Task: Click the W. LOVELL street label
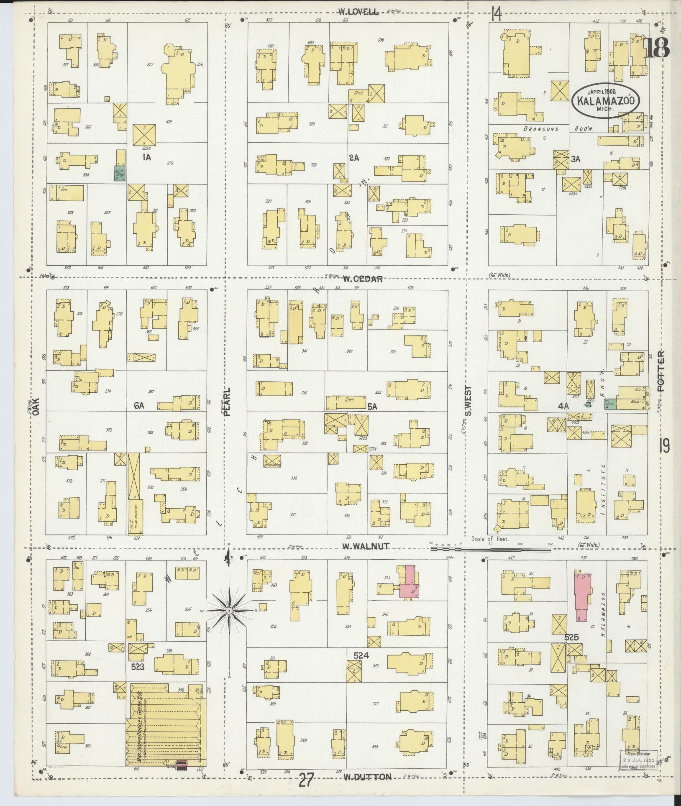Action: (x=359, y=12)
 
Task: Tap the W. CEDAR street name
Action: (x=363, y=279)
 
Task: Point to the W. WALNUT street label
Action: (x=366, y=546)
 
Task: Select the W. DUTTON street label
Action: (x=367, y=777)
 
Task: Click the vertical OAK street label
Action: (x=36, y=406)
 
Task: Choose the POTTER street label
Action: (x=661, y=371)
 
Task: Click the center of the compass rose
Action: (x=229, y=612)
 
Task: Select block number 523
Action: (x=138, y=666)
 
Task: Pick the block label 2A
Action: (x=354, y=158)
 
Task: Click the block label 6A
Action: (x=139, y=405)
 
